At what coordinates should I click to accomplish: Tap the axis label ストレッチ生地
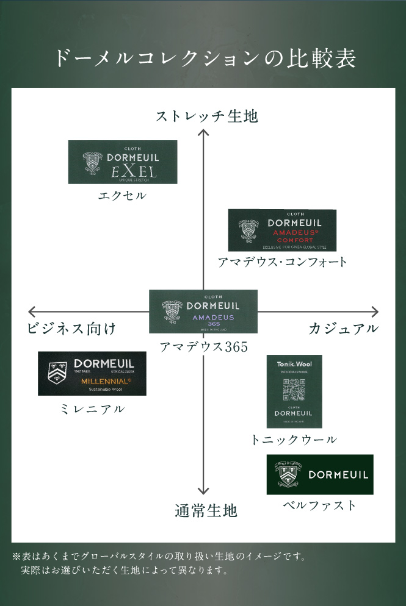point(206,116)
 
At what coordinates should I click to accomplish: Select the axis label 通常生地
point(205,510)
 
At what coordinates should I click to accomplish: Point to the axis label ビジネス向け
point(71,329)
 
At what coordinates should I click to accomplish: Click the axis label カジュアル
point(344,329)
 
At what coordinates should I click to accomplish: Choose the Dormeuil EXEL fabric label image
point(123,162)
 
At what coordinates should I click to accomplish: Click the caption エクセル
point(122,196)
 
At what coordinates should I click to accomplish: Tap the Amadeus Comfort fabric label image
point(282,230)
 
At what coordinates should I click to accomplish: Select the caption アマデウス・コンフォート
point(282,262)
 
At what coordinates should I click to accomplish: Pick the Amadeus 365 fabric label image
point(203,311)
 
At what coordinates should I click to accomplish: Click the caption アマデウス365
point(203,347)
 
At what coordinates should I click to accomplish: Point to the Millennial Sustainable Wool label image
point(92,374)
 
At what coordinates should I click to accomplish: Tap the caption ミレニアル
point(92,408)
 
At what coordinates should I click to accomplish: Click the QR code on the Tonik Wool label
point(294,388)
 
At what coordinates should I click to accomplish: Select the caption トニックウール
point(294,439)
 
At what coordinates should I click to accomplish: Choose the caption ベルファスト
point(319,505)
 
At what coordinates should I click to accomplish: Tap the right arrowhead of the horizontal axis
point(374,312)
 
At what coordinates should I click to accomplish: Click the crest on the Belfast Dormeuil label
point(287,473)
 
